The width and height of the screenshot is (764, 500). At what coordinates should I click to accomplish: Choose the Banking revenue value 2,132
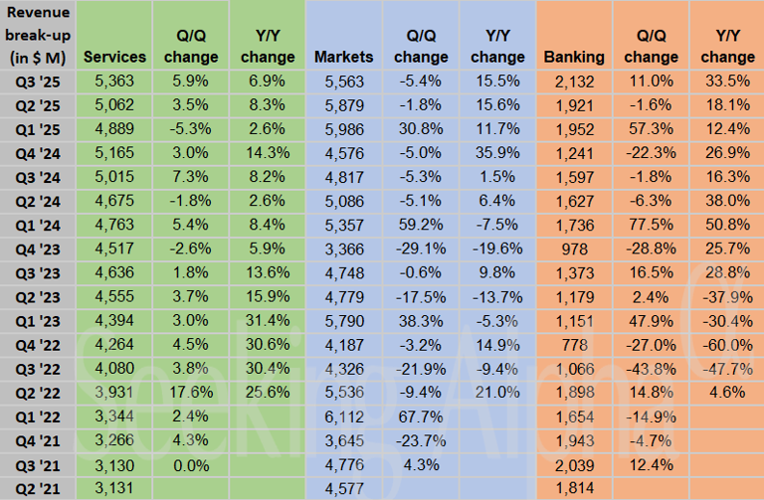click(575, 78)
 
